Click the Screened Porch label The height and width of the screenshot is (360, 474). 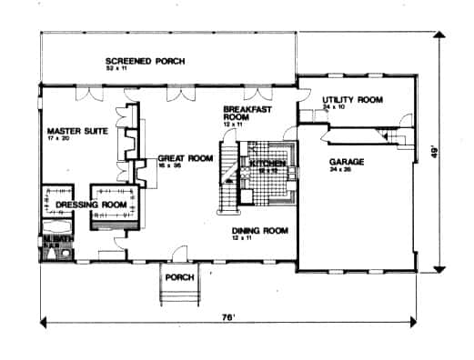(x=145, y=61)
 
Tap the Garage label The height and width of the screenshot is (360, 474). (x=347, y=160)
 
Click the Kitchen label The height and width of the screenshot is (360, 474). (x=268, y=164)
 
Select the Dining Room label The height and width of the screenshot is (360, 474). (x=260, y=231)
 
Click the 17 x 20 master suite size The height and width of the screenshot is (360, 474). (x=61, y=141)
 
